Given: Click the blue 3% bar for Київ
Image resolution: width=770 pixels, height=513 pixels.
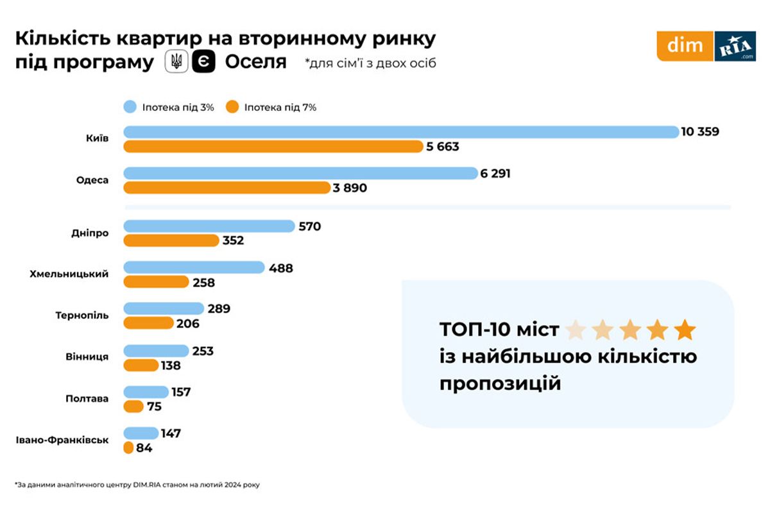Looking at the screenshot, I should coord(401,132).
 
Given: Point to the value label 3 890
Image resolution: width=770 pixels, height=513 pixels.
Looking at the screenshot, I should coord(350,188).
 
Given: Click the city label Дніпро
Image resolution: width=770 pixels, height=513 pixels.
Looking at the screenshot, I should coord(90,233).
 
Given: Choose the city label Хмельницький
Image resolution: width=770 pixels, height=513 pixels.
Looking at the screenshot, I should coord(69,274).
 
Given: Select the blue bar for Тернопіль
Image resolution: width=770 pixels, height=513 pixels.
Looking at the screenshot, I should coord(164,308).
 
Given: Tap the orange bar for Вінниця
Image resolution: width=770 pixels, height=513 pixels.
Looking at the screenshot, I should coord(141,366).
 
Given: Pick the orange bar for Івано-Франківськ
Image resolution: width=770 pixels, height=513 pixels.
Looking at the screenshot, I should coord(128,448).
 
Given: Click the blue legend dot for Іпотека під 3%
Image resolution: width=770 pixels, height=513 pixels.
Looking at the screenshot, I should coord(131,107).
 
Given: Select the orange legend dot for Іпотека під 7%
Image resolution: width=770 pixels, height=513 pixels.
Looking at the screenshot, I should coord(232,107).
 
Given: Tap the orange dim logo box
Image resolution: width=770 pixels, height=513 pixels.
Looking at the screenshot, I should coord(685,46).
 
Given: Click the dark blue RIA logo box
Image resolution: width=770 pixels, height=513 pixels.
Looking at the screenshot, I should coord(735,46).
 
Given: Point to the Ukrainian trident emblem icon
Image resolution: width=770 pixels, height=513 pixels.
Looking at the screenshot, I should coord(176,62).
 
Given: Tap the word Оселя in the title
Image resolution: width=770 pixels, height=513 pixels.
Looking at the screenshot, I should coord(255,62).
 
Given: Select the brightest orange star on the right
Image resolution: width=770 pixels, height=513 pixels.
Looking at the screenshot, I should coord(685,330).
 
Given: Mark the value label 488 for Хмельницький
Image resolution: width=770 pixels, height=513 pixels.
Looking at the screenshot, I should coord(280,268).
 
